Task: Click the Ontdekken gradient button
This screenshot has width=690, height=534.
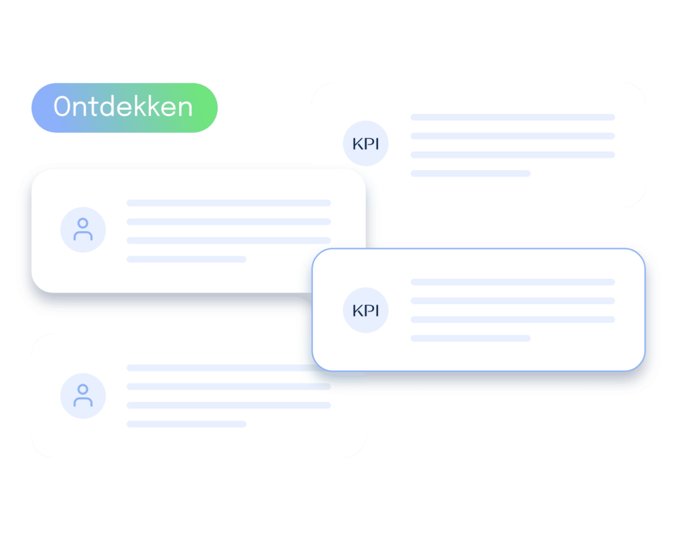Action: (x=125, y=108)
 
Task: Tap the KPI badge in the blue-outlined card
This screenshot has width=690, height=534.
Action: (x=366, y=310)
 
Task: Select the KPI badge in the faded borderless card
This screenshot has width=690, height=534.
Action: (x=366, y=143)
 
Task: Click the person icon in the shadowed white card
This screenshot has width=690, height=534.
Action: (x=83, y=229)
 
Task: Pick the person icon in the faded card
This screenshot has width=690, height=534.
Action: (x=83, y=395)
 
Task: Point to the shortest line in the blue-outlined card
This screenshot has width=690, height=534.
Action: (x=470, y=338)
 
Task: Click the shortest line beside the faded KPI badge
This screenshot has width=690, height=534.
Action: (x=470, y=173)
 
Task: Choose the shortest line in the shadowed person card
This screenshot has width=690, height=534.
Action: (x=187, y=260)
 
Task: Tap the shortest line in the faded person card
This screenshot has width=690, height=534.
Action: (x=187, y=424)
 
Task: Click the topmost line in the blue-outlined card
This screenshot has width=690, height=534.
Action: (x=513, y=282)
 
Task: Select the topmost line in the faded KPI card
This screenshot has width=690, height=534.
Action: (x=513, y=117)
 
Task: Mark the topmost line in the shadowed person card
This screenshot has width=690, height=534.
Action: (x=229, y=203)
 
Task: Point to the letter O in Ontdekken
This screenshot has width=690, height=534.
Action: (x=62, y=107)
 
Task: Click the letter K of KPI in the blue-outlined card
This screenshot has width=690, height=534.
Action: (x=358, y=311)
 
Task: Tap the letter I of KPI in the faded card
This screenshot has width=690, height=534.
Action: (x=377, y=144)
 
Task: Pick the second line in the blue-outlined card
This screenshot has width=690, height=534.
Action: (x=513, y=301)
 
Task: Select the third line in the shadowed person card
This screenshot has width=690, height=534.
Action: (x=229, y=240)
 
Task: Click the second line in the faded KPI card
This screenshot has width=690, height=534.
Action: (x=513, y=136)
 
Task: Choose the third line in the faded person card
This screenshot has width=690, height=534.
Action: (x=229, y=405)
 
